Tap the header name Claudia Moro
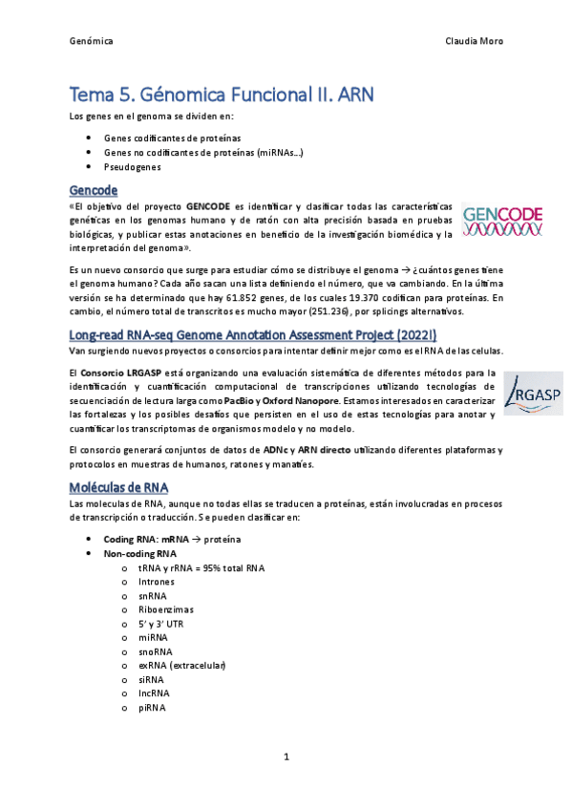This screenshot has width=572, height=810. pyautogui.click(x=475, y=42)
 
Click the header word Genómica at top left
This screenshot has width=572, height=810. pyautogui.click(x=92, y=42)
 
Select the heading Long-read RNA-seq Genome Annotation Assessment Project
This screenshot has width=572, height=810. pyautogui.click(x=253, y=334)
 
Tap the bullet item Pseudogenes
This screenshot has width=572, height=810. pyautogui.click(x=133, y=166)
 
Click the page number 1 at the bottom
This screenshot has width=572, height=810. pyautogui.click(x=286, y=757)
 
